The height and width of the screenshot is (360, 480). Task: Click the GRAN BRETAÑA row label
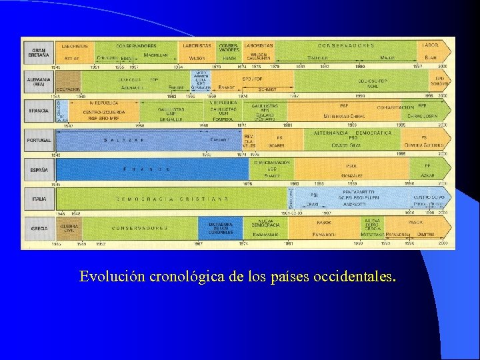(x=38, y=51)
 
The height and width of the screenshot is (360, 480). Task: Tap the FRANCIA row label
(x=38, y=110)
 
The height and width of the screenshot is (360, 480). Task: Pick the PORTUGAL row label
(x=38, y=139)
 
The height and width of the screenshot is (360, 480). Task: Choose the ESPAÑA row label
(x=38, y=169)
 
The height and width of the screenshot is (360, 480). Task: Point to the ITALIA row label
(x=38, y=199)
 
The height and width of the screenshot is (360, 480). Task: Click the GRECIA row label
(x=38, y=228)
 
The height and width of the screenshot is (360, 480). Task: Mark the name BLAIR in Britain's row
(x=431, y=58)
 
